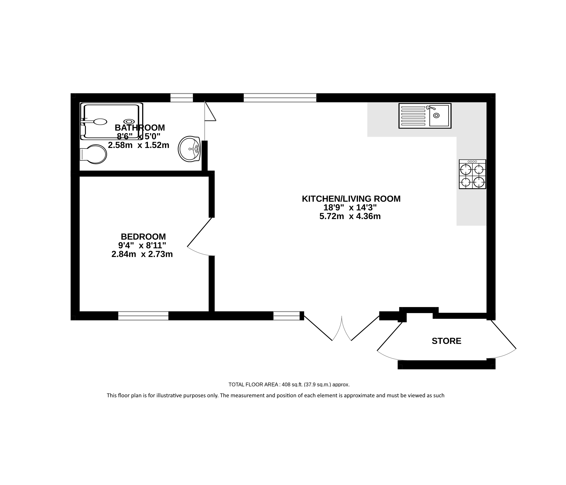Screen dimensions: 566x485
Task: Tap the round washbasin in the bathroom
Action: [189, 149]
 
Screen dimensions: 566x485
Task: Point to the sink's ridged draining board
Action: [413, 116]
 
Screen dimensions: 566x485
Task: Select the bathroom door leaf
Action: [210, 111]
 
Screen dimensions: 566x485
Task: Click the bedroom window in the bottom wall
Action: [143, 316]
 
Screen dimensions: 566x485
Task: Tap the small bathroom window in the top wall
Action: [182, 98]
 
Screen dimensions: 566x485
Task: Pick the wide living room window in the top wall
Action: [280, 98]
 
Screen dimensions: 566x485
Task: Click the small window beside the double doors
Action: [287, 316]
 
